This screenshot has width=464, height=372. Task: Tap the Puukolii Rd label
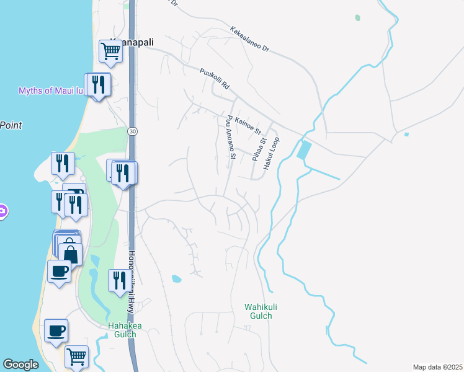coord(215,80)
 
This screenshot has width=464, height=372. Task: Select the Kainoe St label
coord(248,125)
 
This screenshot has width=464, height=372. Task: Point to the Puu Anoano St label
coord(230,137)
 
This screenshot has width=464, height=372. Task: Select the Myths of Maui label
coord(50,91)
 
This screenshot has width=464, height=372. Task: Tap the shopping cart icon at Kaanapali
coord(110,51)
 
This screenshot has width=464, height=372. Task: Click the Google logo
coord(21,365)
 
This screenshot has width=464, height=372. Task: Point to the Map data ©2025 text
coord(437,367)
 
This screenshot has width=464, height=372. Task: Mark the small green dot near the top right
coord(357,18)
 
